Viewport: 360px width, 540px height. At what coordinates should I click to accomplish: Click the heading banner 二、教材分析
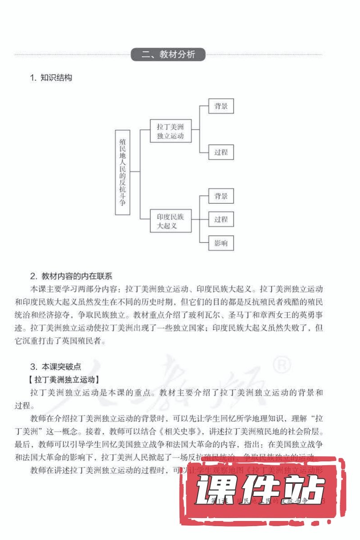[168, 55]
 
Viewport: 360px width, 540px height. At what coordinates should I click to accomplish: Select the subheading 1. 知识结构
[51, 77]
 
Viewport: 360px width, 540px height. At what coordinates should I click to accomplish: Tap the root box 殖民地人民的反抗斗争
[122, 172]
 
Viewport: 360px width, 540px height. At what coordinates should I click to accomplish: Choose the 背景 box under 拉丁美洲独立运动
[221, 106]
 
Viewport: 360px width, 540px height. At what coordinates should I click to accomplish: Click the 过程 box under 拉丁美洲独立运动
[221, 152]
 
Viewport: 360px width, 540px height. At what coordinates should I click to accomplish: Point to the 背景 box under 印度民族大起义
[221, 196]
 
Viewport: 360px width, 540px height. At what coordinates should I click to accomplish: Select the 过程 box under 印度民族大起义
[221, 219]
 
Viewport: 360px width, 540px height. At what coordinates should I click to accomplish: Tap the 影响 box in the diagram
[221, 243]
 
